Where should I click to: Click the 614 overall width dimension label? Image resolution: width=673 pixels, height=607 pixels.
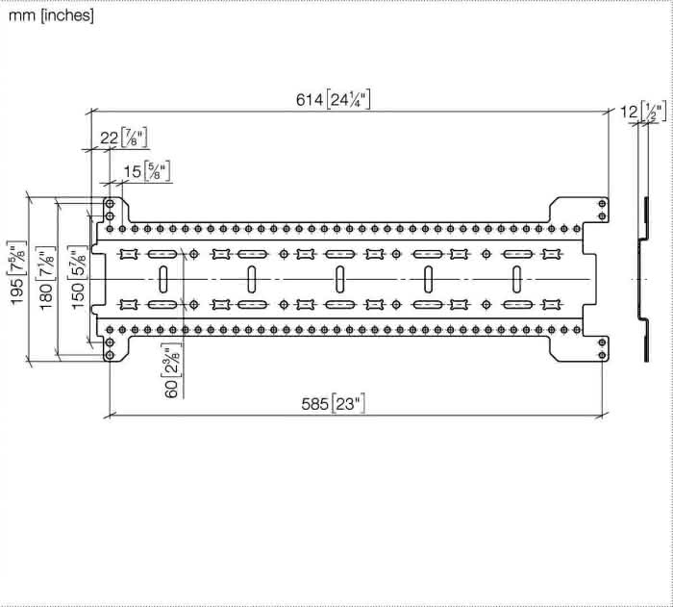(333, 100)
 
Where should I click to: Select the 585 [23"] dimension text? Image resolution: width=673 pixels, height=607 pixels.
(333, 404)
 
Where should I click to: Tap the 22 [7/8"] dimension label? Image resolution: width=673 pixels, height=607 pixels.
(124, 138)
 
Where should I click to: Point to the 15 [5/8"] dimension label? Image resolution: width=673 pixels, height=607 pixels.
(147, 171)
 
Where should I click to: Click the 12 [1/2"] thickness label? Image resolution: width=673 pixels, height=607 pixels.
(643, 112)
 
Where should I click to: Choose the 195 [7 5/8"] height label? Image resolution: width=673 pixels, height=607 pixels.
(17, 273)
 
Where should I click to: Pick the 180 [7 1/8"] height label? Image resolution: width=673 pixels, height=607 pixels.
(46, 278)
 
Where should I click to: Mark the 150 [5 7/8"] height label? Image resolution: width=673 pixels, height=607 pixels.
(78, 278)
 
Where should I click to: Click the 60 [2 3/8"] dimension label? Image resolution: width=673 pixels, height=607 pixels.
(171, 370)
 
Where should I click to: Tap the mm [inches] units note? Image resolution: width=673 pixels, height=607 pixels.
(51, 15)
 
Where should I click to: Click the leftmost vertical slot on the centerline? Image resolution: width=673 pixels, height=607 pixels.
(163, 279)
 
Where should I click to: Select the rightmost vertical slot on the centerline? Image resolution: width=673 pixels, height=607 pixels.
(517, 279)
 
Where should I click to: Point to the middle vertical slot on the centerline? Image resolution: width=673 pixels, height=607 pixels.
(339, 279)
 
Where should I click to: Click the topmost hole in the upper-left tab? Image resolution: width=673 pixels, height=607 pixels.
(110, 203)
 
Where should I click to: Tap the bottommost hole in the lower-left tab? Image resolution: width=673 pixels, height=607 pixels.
(110, 355)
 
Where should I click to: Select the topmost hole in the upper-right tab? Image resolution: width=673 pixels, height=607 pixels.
(602, 203)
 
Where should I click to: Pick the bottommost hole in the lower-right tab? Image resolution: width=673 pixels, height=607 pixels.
(602, 355)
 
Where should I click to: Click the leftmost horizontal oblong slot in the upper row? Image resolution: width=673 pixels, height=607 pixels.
(162, 254)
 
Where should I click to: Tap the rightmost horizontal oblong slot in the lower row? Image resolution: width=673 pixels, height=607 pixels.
(517, 305)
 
